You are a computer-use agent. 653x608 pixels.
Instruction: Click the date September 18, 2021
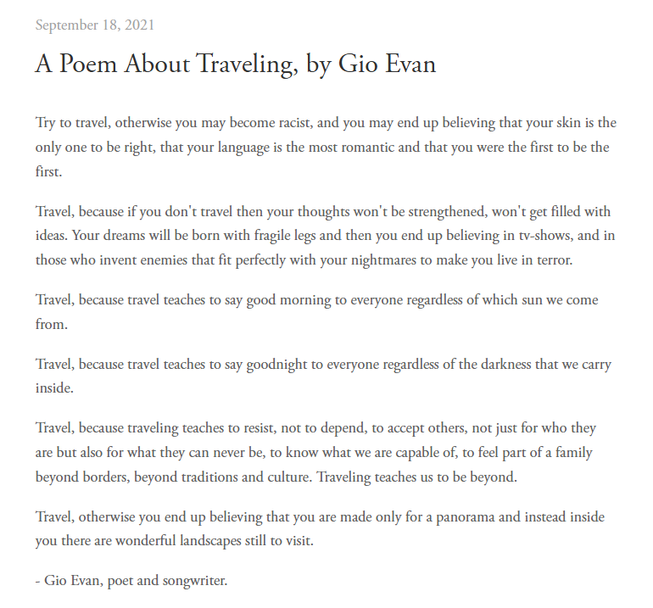pyautogui.click(x=95, y=25)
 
